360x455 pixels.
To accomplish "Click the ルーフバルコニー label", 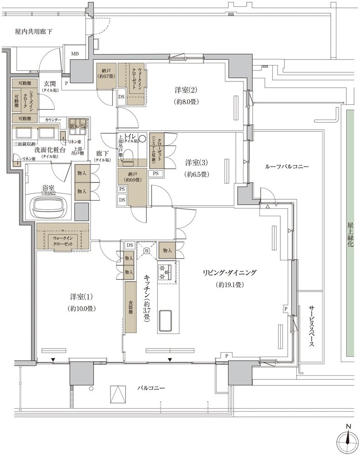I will pyautogui.click(x=287, y=167).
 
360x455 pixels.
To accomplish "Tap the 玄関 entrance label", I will pyautogui.click(x=50, y=84).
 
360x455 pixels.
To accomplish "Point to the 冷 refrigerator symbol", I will pyautogui.click(x=147, y=251).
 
